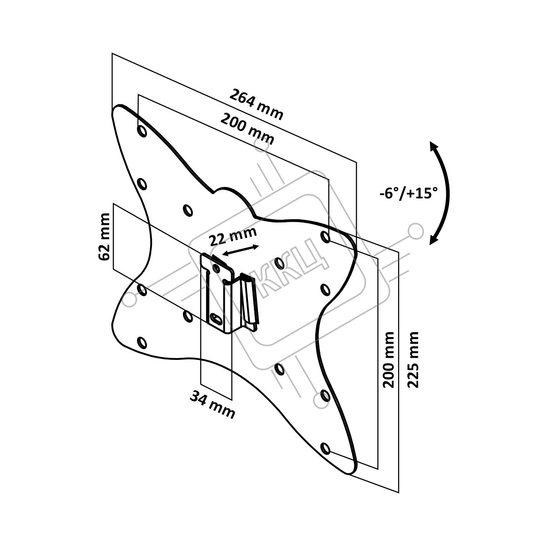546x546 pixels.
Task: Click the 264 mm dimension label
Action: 256,104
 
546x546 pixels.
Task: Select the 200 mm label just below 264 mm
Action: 248,129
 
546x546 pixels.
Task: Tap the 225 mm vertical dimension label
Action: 413,359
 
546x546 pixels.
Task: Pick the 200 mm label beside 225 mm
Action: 388,359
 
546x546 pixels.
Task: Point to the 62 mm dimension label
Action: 103,237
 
